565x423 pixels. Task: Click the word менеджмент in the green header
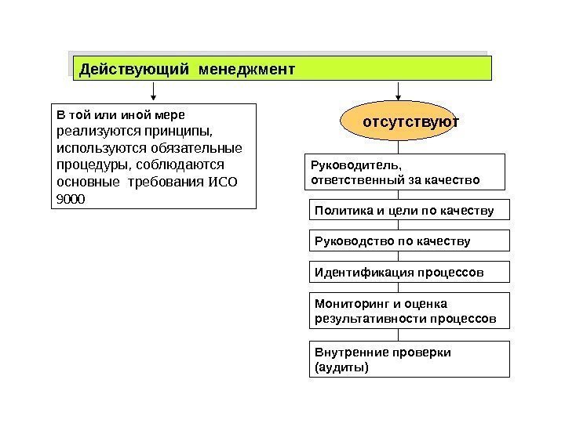point(247,69)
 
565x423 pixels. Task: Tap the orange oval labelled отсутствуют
point(399,122)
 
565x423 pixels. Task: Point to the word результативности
point(369,319)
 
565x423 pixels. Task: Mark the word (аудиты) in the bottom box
point(341,367)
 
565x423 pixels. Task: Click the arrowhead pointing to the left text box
point(154,98)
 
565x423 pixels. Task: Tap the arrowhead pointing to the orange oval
point(399,98)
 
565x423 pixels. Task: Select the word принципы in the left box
point(184,132)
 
